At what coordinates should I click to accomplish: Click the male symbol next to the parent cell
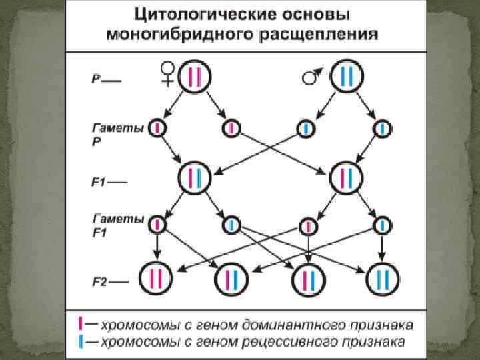point(311,77)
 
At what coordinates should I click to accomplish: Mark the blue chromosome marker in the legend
point(81,341)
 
